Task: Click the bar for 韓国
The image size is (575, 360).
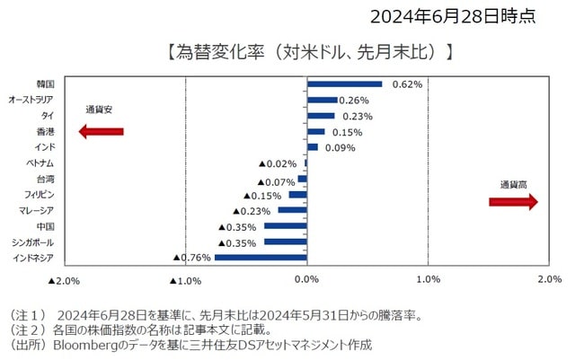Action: pyautogui.click(x=344, y=83)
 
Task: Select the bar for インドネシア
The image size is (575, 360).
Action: pyautogui.click(x=261, y=258)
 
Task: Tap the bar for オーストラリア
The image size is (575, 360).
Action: pyautogui.click(x=323, y=100)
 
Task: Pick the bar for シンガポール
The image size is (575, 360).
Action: pyautogui.click(x=286, y=242)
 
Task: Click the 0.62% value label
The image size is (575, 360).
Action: pyautogui.click(x=408, y=83)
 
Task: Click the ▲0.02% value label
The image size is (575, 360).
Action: pyautogui.click(x=278, y=163)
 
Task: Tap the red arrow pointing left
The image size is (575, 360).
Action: pyautogui.click(x=101, y=131)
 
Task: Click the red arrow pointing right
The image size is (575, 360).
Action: pyautogui.click(x=513, y=202)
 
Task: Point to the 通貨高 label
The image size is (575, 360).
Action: pyautogui.click(x=513, y=184)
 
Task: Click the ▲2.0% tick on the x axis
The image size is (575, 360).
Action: pyautogui.click(x=64, y=280)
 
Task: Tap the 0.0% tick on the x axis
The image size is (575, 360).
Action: pyautogui.click(x=307, y=280)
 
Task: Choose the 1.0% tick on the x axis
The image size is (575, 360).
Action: pyautogui.click(x=429, y=280)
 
